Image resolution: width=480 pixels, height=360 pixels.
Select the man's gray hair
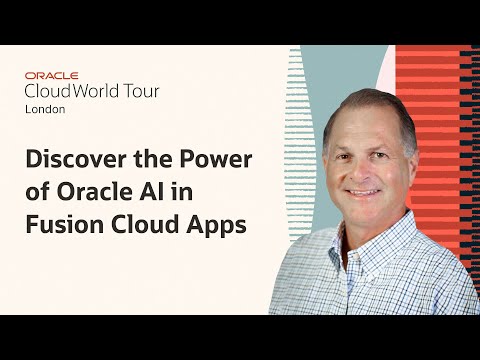coord(370,105)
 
